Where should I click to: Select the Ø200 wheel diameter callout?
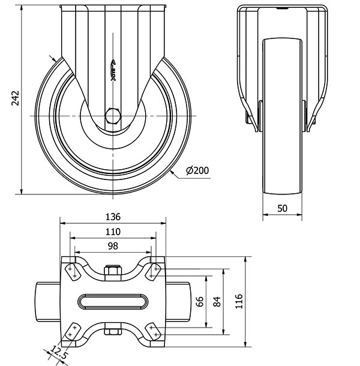click(197, 171)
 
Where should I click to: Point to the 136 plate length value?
click(113, 217)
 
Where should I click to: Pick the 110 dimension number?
click(113, 232)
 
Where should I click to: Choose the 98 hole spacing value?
click(113, 247)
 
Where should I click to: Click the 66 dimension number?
click(200, 302)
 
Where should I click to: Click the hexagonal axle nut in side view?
click(113, 114)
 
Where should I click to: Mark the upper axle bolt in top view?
click(112, 272)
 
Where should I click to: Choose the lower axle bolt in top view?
click(112, 330)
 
